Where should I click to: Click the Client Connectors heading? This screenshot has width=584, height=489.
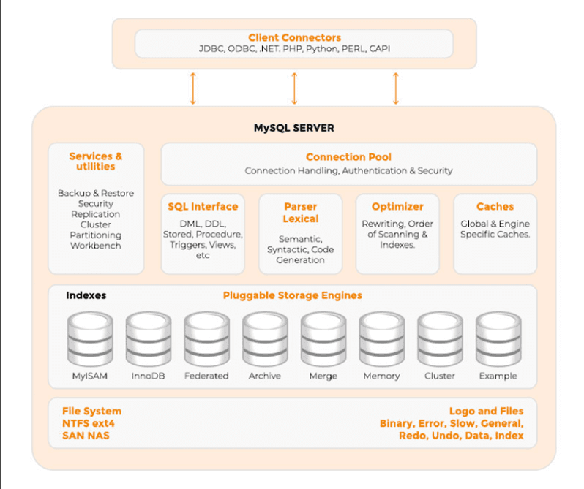tap(294, 37)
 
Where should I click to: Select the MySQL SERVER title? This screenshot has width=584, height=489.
tap(293, 128)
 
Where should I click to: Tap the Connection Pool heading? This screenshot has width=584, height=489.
tap(348, 157)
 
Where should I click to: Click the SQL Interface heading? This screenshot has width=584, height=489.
tap(203, 207)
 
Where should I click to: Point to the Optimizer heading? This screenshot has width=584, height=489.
tap(397, 207)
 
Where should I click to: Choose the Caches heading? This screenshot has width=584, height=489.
tap(495, 207)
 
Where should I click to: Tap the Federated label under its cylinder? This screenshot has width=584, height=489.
tap(206, 376)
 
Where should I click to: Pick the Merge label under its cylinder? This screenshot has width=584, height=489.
tap(323, 376)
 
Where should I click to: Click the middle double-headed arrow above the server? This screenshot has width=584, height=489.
tap(294, 88)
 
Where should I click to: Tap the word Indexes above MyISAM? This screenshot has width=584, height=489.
tap(86, 296)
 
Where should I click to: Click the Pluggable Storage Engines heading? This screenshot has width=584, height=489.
tap(292, 296)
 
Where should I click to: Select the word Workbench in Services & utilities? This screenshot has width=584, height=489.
tap(96, 246)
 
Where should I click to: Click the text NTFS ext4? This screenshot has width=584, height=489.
tap(88, 424)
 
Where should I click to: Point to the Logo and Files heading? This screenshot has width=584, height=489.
tap(486, 412)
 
